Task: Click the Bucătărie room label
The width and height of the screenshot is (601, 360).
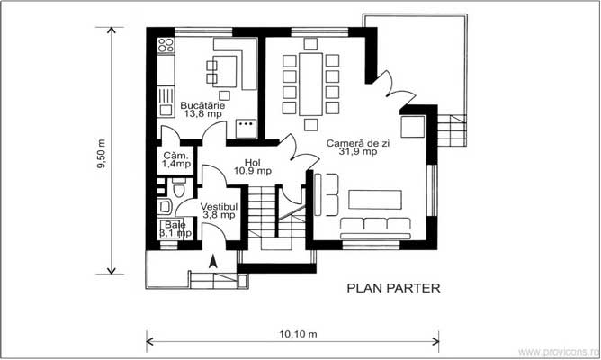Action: [x=203, y=104]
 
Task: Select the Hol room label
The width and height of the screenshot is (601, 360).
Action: [x=252, y=160]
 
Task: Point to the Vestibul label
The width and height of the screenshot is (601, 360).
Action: [x=218, y=205]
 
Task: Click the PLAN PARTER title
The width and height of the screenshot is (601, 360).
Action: [x=393, y=289]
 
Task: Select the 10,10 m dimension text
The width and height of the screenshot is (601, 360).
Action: [x=299, y=335]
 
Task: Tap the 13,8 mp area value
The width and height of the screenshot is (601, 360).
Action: [x=203, y=114]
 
